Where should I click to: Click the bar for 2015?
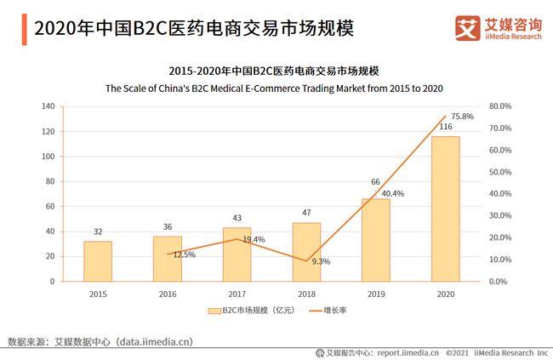pos(98,260)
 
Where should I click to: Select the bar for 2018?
pos(306,251)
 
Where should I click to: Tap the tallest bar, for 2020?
pos(445,209)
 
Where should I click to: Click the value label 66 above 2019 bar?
pos(375,182)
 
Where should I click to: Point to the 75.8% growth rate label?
pos(463,116)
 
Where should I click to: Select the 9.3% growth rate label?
pos(321,261)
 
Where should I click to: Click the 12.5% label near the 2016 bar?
pos(184,254)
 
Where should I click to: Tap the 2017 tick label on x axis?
pos(237,294)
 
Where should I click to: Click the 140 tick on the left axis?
pos(47,107)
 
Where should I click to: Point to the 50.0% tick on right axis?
pos(501,172)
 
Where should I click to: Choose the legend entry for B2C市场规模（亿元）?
pos(246,311)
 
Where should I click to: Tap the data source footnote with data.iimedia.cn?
pos(100,341)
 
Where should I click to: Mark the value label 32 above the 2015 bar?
pos(98,231)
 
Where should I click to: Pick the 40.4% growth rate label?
pos(391,194)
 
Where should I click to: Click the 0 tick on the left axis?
pos(52,282)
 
